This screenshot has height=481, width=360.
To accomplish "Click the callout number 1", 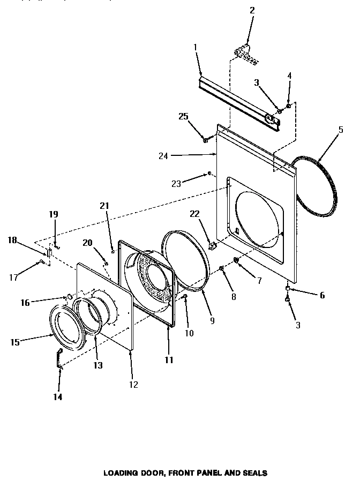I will [196, 47].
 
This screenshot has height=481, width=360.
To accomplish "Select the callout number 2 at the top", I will [252, 10].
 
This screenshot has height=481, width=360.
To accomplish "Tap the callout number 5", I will [341, 129].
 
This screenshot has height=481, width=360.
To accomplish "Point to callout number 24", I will [163, 156].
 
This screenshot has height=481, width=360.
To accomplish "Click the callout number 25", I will [183, 117].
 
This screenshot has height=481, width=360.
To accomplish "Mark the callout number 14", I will [58, 397].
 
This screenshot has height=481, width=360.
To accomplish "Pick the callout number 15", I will [15, 341].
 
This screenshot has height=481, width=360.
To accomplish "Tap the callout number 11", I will [169, 360].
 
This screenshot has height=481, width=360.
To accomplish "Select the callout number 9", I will [212, 321].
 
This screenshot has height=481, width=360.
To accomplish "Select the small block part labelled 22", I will [212, 247].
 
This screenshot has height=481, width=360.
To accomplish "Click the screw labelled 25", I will [206, 140].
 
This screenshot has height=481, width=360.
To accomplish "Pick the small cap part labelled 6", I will [288, 289].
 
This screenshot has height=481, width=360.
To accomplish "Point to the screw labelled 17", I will [41, 261].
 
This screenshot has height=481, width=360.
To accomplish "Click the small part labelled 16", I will [69, 296].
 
